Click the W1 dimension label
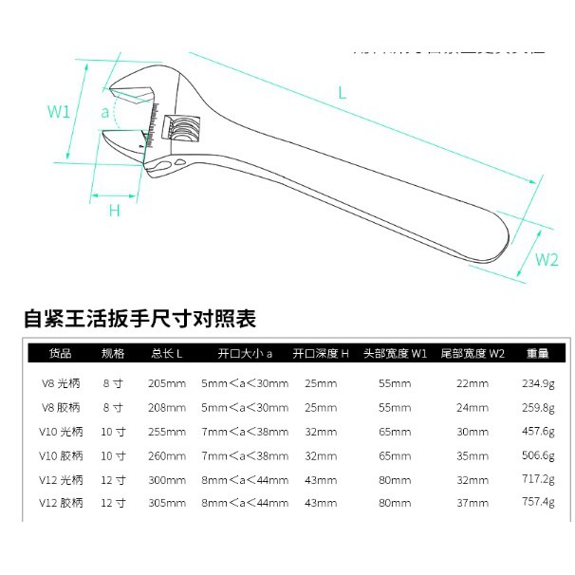60,111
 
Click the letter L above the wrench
342,92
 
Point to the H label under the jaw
115,211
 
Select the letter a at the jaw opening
105,112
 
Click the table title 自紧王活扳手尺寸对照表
140,318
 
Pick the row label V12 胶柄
65,503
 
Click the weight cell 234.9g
538,383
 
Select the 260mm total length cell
168,454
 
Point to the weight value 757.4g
538,503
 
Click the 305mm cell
168,503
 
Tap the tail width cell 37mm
472,503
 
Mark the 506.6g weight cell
538,454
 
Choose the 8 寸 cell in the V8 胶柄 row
112,407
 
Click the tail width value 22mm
472,383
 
